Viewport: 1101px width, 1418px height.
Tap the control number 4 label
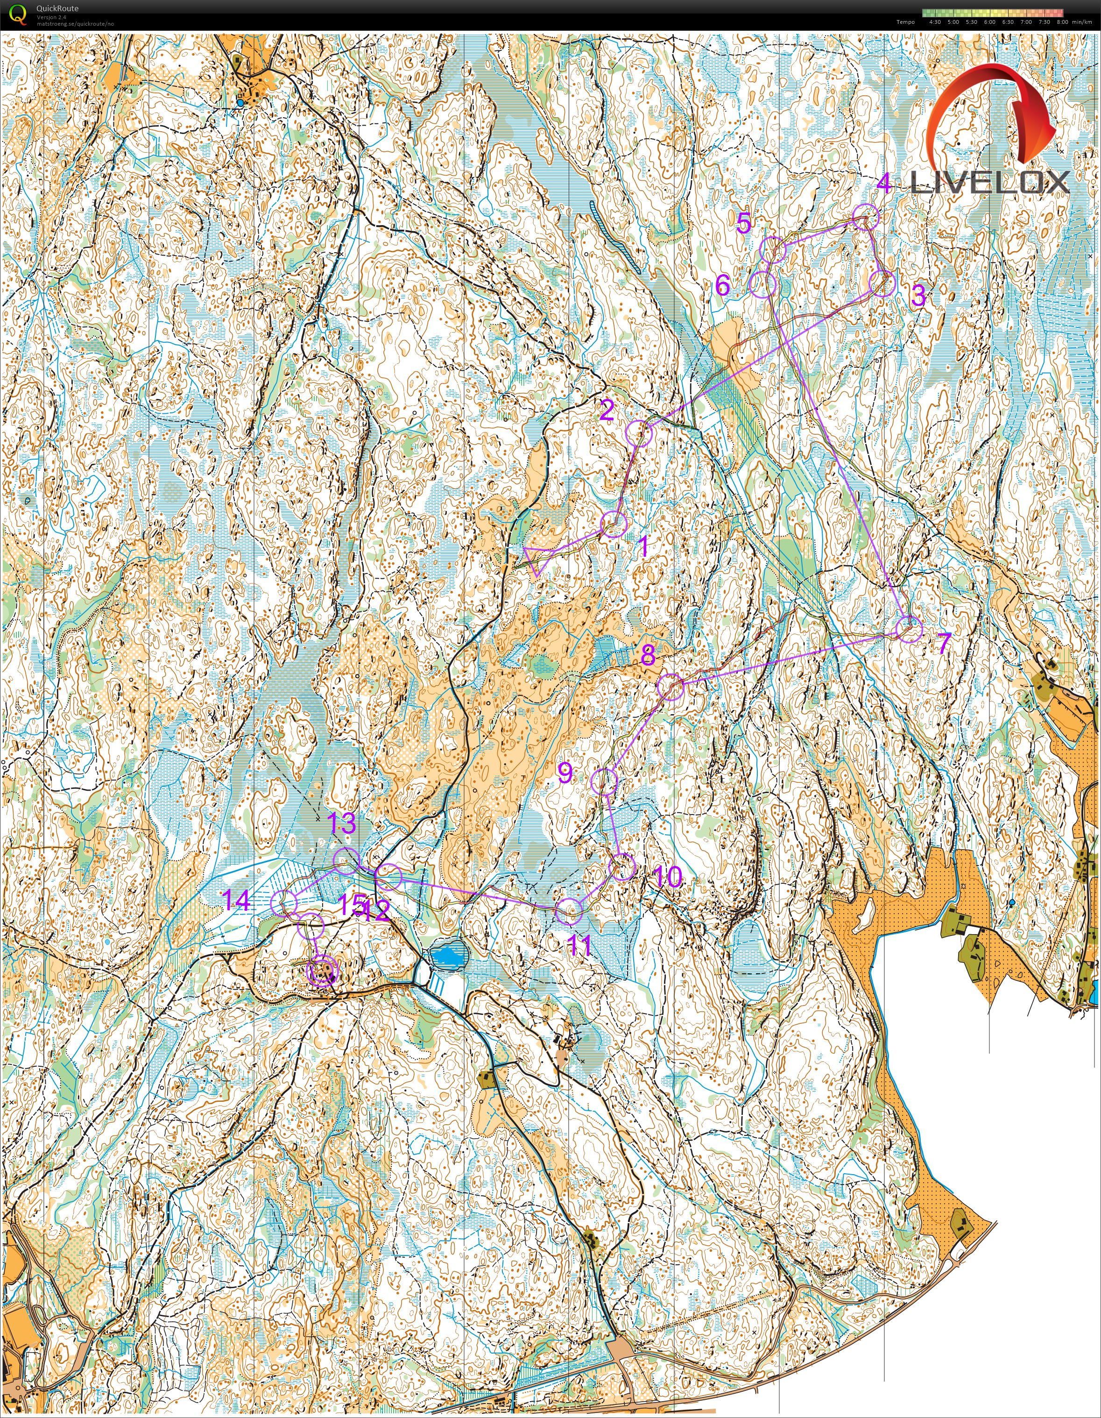coord(883,184)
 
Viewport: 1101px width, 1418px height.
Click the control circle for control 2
coord(639,433)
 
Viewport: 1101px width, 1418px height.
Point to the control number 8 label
coord(648,655)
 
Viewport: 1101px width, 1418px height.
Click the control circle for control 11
coord(569,911)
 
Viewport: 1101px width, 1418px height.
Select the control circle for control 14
coord(284,903)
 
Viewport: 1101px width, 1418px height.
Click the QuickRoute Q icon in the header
coord(19,14)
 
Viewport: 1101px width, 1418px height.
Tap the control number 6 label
coord(722,285)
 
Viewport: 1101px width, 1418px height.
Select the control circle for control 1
coord(614,524)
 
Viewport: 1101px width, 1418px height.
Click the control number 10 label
coord(668,877)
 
